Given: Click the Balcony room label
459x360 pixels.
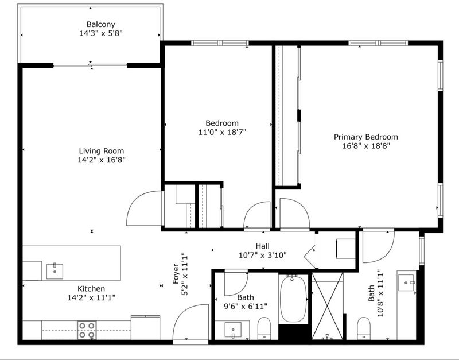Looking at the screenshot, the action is coord(101,24).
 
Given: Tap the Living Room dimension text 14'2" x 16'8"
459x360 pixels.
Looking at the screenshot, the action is coord(102,160).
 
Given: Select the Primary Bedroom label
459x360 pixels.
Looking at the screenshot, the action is coord(366,137).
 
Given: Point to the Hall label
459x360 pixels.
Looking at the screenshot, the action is coord(263,246).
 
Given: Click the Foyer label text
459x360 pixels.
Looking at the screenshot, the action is coord(176,274).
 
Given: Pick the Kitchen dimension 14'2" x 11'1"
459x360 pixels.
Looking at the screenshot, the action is coord(91,298).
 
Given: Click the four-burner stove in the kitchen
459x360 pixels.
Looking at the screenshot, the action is coord(87,330).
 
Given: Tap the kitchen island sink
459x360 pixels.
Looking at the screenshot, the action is coord(55,271).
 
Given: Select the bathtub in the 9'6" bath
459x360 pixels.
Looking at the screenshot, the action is coord(293,299).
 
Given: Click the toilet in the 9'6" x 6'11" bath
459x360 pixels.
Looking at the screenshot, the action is coord(264,328).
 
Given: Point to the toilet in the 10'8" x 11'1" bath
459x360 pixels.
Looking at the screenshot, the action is coord(364,328).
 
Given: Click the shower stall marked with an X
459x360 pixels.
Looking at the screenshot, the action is coord(327,306).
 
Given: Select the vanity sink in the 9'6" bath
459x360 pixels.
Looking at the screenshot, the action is coord(233,330).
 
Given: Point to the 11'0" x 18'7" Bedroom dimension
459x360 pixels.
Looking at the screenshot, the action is coord(222,132).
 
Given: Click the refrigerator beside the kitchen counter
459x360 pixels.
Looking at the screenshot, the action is coord(146,327).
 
